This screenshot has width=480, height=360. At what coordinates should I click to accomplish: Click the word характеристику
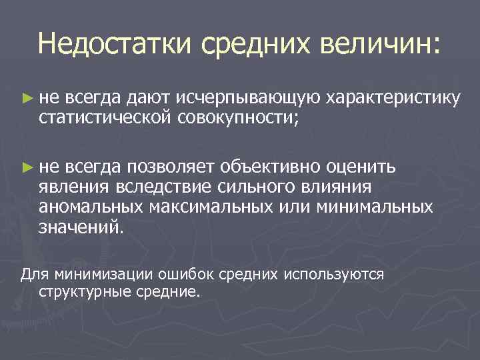tap(393, 99)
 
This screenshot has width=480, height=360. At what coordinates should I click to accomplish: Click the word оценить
tap(364, 165)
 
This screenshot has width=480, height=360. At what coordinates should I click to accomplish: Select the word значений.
tap(81, 227)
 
